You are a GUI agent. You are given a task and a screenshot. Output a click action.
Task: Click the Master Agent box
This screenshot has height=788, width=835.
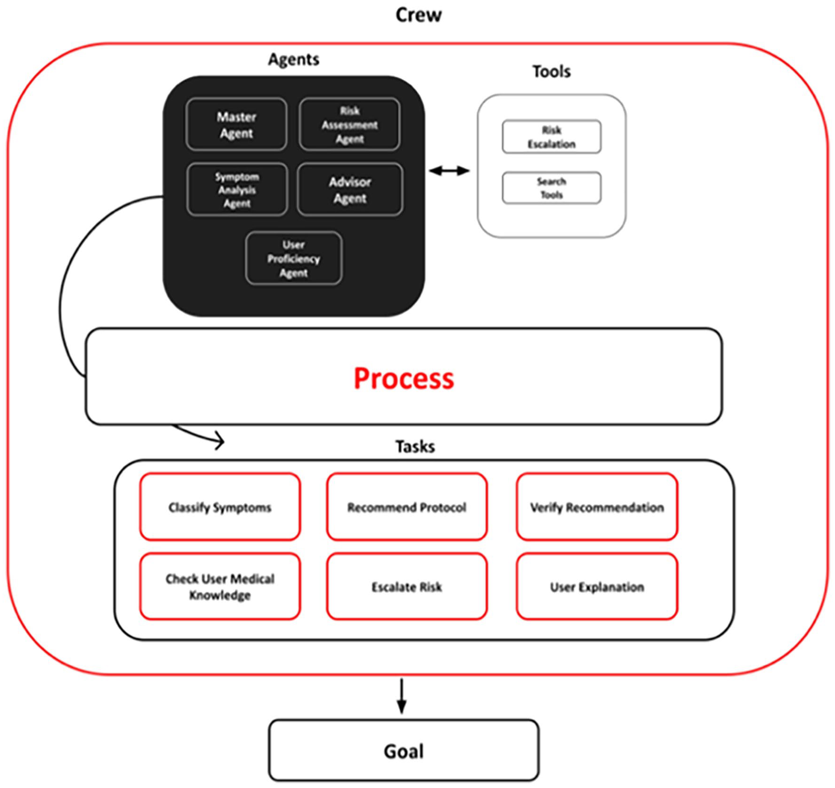click(236, 124)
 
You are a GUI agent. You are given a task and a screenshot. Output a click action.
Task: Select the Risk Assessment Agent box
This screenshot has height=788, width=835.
click(349, 124)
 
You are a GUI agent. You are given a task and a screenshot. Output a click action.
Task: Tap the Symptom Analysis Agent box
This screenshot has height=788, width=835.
click(237, 190)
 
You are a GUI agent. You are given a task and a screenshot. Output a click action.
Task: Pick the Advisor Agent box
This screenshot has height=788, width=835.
click(350, 190)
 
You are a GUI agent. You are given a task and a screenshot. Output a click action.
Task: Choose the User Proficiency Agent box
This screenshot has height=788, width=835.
click(293, 258)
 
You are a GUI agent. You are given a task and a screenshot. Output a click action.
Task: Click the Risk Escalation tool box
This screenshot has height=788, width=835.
click(551, 137)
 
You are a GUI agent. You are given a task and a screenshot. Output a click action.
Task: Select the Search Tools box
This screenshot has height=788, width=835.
click(551, 188)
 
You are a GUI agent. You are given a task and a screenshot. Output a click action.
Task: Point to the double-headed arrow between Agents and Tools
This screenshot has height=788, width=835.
click(449, 171)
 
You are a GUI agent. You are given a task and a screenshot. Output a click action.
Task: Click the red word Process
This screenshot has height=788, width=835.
click(404, 378)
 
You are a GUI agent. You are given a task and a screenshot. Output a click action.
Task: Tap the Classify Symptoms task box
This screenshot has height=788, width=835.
click(220, 507)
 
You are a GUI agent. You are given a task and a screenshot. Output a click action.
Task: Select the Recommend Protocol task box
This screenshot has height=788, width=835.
click(406, 507)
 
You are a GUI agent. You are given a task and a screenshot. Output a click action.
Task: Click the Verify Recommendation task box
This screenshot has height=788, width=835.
click(597, 507)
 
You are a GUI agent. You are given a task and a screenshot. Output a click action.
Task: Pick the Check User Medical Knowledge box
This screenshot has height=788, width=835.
click(220, 587)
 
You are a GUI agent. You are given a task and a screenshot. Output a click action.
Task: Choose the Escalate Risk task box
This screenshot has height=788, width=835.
click(406, 587)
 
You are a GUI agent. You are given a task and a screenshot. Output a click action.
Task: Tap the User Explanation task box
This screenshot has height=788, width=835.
click(597, 587)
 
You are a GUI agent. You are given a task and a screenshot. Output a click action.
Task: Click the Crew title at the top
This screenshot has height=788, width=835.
click(418, 15)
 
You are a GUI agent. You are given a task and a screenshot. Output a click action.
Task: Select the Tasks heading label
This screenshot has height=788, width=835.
click(415, 446)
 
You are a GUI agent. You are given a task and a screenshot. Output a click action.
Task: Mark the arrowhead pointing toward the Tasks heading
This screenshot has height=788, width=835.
click(220, 441)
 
